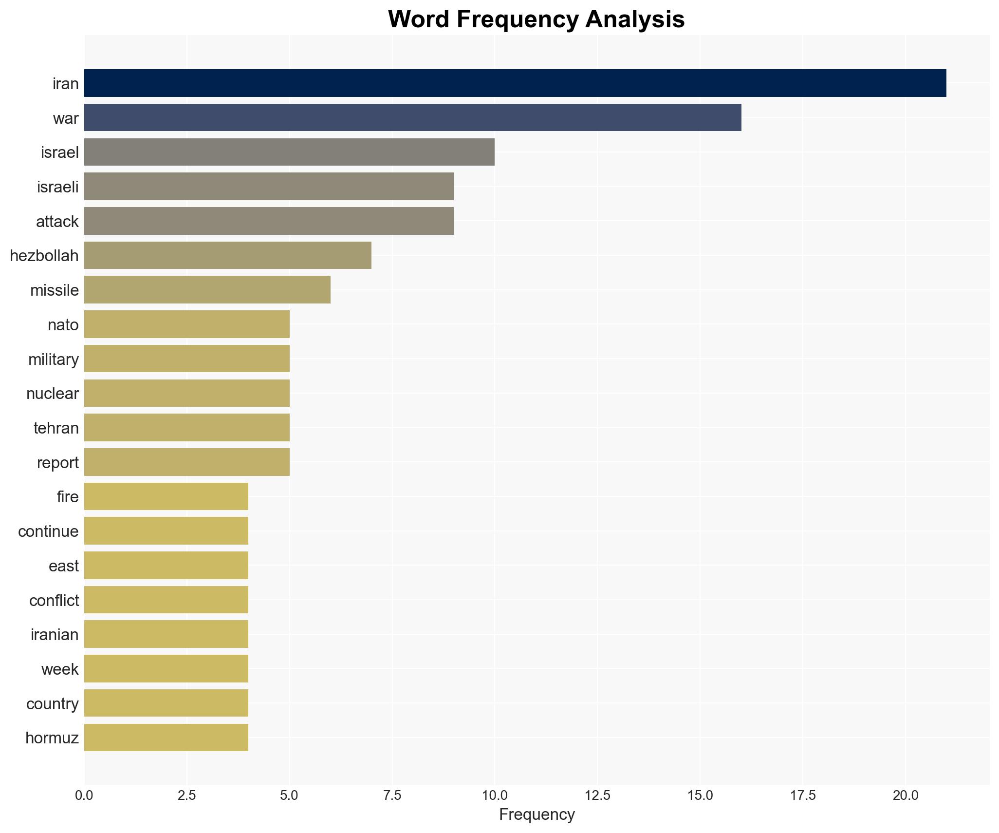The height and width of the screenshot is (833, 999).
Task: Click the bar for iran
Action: (515, 83)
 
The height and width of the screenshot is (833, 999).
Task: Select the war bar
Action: (413, 117)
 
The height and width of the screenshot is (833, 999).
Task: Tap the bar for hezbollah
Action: (228, 255)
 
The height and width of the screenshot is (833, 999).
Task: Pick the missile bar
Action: (207, 290)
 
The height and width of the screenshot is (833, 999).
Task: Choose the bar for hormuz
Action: (166, 738)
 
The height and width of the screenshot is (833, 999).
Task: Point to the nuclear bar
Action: (187, 393)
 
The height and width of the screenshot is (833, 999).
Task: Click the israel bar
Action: (289, 152)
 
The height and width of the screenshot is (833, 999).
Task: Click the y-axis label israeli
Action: (57, 187)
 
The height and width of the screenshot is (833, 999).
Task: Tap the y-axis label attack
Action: (57, 222)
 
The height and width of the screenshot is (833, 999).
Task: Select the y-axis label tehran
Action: (56, 428)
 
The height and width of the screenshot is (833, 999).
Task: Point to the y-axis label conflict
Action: (54, 601)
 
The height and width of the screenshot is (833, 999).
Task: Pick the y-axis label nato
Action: (63, 325)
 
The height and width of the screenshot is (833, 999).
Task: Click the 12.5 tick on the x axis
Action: (597, 795)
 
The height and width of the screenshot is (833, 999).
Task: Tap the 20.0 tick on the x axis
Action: (906, 795)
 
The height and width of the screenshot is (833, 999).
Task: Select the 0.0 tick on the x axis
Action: (84, 795)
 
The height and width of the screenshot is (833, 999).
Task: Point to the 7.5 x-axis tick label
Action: (392, 795)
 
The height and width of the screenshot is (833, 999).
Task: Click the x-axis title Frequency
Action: (536, 814)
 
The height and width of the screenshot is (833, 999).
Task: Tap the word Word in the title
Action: (420, 19)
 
